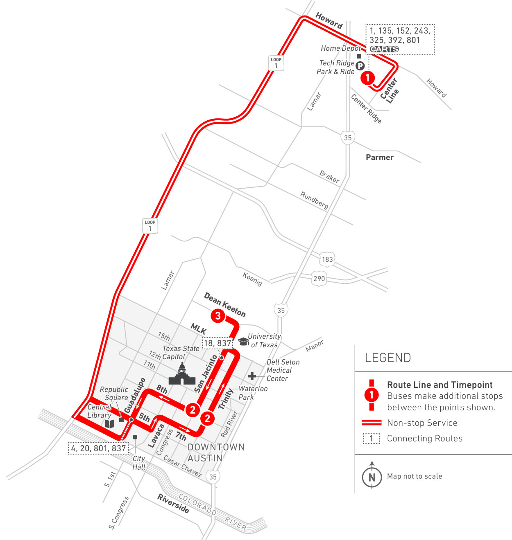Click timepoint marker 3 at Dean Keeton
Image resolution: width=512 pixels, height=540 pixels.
[x=218, y=316]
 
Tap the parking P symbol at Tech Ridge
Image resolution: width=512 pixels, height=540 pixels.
[x=360, y=65]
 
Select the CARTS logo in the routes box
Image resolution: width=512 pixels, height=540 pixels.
[x=384, y=49]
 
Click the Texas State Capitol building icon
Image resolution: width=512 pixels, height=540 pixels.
[x=182, y=374]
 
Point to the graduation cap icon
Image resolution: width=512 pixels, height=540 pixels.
[x=243, y=341]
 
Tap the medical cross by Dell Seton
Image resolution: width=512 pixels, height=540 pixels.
[x=252, y=376]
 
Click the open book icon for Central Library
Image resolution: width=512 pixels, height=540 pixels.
[x=109, y=423]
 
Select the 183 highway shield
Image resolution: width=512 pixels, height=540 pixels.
[x=327, y=259]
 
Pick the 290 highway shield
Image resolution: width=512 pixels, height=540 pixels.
[x=319, y=279]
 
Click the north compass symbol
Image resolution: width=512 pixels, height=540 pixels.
[x=372, y=477]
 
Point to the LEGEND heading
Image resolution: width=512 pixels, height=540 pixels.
[x=387, y=358]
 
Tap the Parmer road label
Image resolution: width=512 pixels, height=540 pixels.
[x=380, y=157]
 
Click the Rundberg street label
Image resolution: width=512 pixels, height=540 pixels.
[x=315, y=200]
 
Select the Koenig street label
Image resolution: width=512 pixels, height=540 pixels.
[x=252, y=279]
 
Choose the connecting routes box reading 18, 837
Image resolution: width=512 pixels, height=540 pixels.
[x=218, y=343]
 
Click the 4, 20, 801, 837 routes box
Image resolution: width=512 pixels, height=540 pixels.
[x=98, y=448]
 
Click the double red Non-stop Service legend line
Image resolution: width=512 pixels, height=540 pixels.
[x=372, y=423]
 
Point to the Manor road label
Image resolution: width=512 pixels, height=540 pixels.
[x=315, y=346]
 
